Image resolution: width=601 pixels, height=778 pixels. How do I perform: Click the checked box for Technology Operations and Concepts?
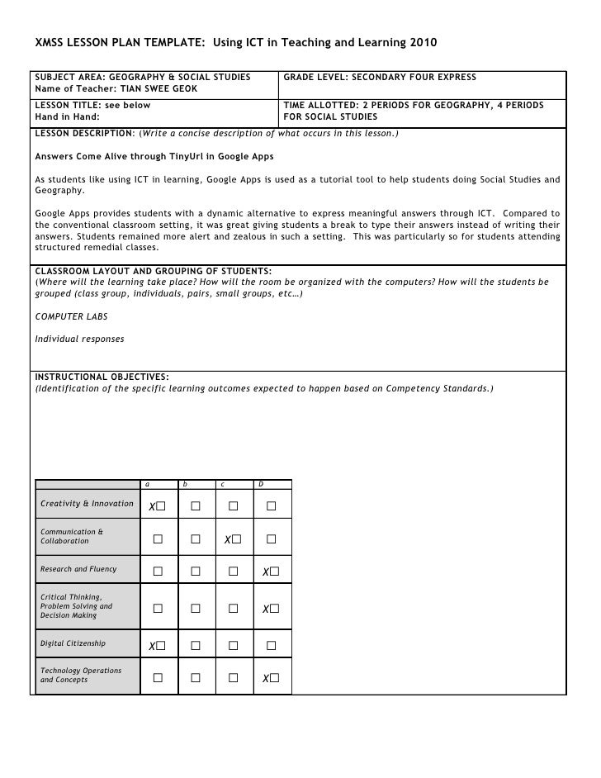pos(274,678)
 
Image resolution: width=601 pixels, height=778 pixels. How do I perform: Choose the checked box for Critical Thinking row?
pos(274,609)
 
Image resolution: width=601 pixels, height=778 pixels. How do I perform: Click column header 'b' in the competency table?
pos(186,483)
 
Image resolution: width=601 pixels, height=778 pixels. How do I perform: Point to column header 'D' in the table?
pos(260,483)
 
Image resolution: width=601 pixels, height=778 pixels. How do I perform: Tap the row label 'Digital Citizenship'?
pos(73,643)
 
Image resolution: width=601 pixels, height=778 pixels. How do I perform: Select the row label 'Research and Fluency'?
pos(78,569)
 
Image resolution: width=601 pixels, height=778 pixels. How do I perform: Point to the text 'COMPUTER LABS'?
pos(72,316)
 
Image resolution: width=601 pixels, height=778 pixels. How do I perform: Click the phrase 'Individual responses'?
pos(79,339)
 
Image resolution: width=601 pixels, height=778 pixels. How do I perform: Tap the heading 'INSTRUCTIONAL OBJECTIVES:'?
pos(102,377)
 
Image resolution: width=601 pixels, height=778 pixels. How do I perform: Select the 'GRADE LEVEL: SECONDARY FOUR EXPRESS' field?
pos(380,78)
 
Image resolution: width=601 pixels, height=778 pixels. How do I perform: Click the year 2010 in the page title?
pos(422,42)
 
